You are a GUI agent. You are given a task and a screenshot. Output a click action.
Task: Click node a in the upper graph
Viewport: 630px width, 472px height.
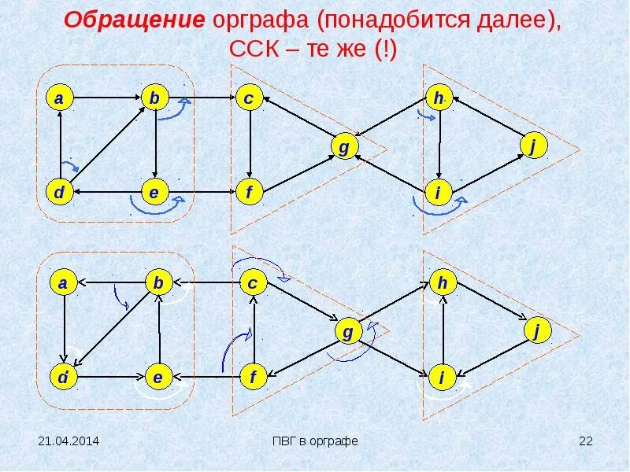click(59, 98)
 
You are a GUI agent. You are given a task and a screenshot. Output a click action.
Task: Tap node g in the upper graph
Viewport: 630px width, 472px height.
click(343, 147)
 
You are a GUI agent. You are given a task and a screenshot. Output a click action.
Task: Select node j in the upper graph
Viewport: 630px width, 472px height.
click(533, 146)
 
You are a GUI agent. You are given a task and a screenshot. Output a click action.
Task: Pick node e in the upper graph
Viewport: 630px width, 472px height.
click(154, 192)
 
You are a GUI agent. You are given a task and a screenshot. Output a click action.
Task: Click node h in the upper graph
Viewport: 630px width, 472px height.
click(439, 98)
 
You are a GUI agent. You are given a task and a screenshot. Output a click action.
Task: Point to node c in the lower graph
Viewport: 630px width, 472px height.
click(254, 283)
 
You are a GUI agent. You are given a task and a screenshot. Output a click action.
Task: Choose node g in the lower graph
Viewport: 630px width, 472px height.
click(347, 333)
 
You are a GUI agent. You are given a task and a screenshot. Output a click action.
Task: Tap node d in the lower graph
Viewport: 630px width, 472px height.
click(61, 378)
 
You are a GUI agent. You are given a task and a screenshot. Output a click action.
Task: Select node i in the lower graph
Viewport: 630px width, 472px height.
click(442, 378)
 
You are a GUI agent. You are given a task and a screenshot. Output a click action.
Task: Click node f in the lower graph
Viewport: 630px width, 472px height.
click(254, 378)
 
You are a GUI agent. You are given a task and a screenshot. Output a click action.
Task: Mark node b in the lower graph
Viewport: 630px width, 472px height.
click(158, 283)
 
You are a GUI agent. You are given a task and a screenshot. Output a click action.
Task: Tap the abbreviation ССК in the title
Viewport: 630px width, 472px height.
click(250, 50)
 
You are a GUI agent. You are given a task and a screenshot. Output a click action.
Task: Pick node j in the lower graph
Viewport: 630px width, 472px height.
click(536, 332)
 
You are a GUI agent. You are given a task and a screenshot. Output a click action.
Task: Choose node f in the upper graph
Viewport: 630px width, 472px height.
click(249, 192)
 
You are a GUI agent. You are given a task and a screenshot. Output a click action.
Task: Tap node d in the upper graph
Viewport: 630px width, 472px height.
click(59, 192)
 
